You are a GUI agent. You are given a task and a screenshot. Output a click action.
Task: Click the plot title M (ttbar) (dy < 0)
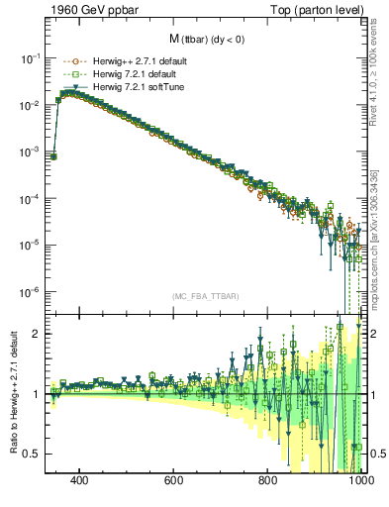click(x=205, y=39)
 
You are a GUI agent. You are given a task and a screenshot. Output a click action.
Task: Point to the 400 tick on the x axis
click(x=80, y=481)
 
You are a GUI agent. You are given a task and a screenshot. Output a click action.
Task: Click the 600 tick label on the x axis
click(x=174, y=481)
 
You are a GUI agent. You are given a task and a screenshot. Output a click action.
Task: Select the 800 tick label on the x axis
click(x=268, y=481)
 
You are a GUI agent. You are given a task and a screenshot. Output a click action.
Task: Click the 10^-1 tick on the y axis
click(x=31, y=58)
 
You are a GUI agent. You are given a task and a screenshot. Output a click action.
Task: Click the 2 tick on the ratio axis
click(x=37, y=334)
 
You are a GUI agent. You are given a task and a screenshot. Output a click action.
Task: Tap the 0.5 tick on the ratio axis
click(x=32, y=454)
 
